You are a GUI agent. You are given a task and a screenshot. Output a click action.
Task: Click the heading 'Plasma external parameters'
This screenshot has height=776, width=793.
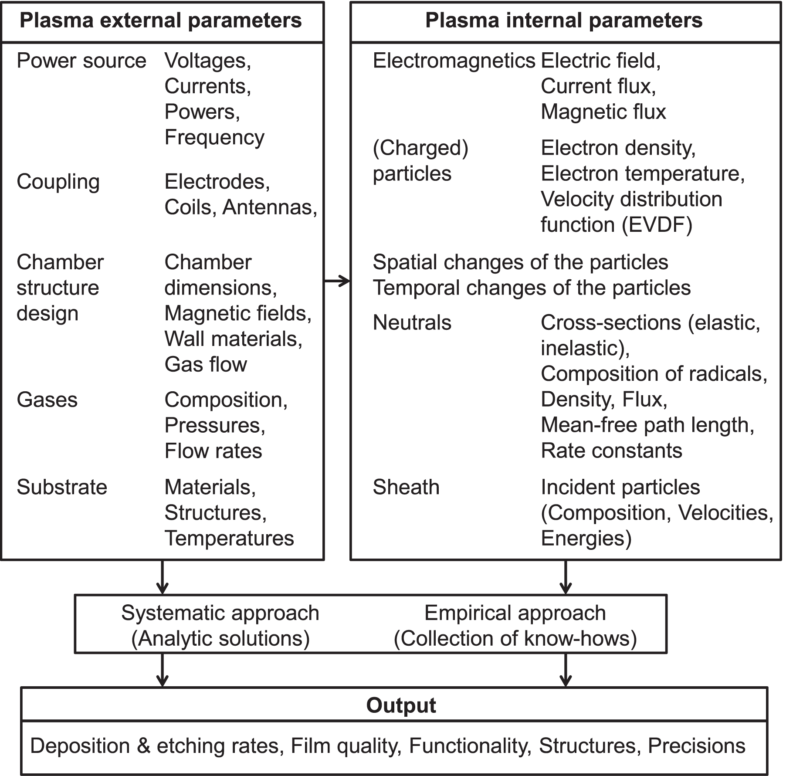[x=161, y=21]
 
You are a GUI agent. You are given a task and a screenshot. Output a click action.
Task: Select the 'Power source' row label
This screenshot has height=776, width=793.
[x=81, y=61]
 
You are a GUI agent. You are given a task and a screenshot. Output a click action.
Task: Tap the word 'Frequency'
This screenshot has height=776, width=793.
[x=214, y=138]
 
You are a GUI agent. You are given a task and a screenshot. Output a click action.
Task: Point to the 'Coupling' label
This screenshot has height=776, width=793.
[x=58, y=182]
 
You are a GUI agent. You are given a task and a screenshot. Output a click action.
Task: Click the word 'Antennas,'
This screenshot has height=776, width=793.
[x=270, y=207]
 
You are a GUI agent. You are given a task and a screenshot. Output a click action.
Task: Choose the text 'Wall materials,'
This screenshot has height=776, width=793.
[x=233, y=339]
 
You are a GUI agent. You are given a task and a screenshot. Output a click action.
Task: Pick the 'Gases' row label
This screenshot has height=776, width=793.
[x=47, y=400]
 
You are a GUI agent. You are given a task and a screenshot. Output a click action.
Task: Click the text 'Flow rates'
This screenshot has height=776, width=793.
[x=213, y=451]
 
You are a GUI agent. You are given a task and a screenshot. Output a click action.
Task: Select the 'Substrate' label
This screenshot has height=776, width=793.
[x=62, y=487]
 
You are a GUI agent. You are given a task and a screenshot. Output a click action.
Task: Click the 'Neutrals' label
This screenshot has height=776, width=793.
[x=412, y=323]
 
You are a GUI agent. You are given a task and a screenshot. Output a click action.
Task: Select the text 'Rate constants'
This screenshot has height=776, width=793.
[x=611, y=451]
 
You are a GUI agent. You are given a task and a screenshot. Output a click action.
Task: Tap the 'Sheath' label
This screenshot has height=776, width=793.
[x=406, y=487]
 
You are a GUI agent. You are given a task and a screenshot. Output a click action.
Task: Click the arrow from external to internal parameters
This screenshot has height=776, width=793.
[x=337, y=281]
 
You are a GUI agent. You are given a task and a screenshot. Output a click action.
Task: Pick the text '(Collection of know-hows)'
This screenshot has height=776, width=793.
[x=515, y=639]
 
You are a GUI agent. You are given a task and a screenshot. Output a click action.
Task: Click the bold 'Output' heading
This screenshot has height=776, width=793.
[x=401, y=705]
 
